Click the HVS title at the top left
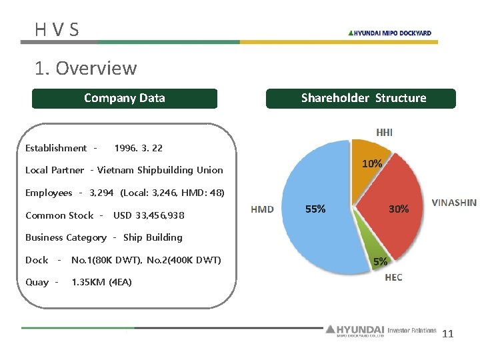pos(57,29)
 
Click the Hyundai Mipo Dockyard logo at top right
pos(390,33)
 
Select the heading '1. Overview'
pos(86,68)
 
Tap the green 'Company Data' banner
pos(125,98)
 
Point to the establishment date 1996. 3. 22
pos(139,148)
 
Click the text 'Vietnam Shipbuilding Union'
pos(160,170)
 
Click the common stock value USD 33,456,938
pos(149,215)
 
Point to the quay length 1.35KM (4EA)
pos(101,282)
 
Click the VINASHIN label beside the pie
pos(454,203)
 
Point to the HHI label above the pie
pos(384,132)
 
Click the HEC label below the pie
pos(393,277)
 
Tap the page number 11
pos(447,334)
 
